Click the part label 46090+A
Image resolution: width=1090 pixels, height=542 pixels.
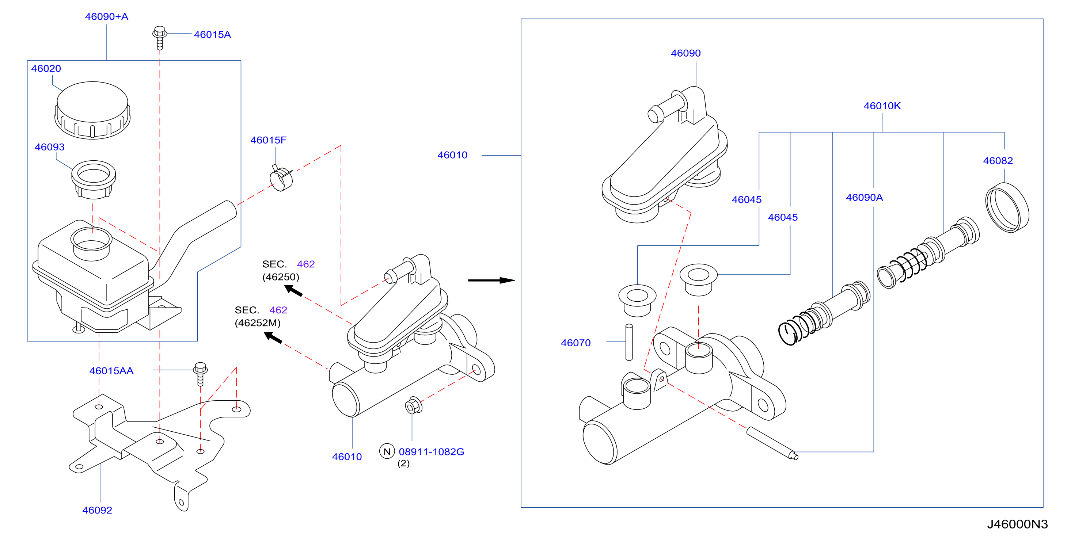tap(107, 16)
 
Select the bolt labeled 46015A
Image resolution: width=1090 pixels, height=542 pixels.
tap(160, 38)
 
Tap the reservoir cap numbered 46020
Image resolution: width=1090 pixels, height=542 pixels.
tap(92, 110)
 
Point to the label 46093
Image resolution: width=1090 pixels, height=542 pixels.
tap(49, 147)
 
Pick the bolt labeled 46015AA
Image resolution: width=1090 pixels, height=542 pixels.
tap(201, 374)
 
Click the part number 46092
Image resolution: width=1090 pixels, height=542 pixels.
tap(97, 510)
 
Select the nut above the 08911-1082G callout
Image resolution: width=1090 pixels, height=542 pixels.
tap(413, 405)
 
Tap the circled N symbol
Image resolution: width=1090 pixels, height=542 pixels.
tap(387, 451)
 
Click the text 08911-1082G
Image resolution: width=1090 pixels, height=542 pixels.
tap(432, 452)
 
